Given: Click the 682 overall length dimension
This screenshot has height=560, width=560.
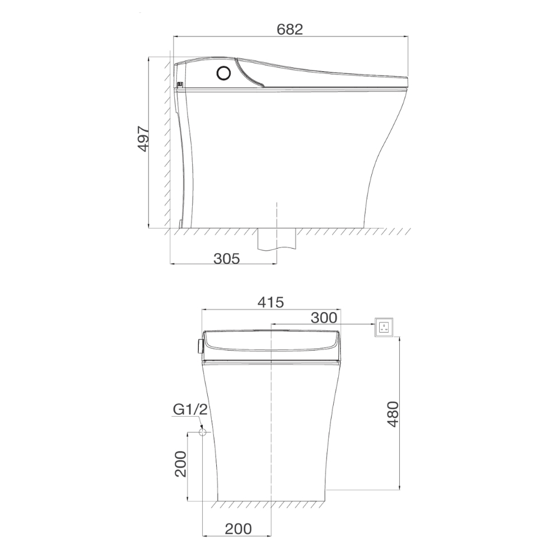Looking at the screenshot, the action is [290, 29].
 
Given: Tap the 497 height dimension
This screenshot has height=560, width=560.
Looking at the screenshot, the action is [143, 139].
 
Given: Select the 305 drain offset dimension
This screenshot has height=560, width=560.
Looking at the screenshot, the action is [226, 258].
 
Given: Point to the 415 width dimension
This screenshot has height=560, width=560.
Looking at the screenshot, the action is [270, 302].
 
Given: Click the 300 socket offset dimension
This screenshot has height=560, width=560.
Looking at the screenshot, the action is [324, 318].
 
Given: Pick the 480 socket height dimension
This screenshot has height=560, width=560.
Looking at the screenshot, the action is [393, 414].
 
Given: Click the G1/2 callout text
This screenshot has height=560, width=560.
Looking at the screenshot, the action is [190, 409].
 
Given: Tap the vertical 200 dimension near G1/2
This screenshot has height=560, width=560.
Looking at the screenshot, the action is [181, 464].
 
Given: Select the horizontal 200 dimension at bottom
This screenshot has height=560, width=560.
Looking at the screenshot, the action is [238, 529].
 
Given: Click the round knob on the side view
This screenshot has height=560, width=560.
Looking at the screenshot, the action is [223, 73].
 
